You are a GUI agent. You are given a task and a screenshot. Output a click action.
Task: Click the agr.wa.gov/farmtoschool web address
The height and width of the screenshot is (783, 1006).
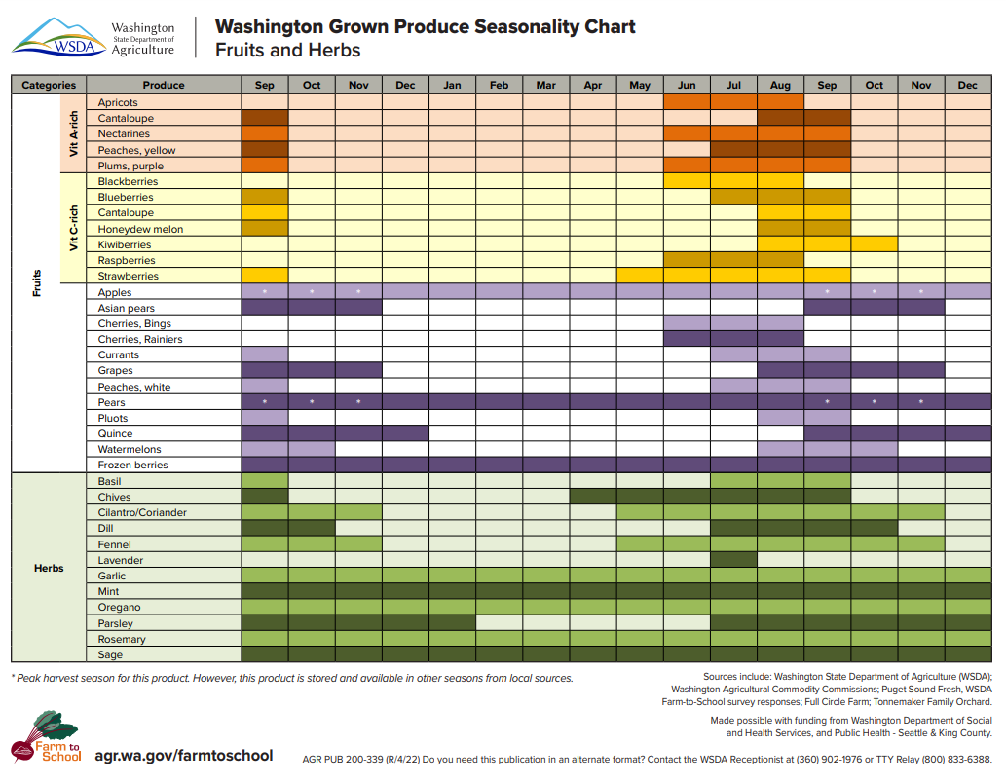(183, 756)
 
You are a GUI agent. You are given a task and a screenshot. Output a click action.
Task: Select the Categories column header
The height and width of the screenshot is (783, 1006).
(49, 86)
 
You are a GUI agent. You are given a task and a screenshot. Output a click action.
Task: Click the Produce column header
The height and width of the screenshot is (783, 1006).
(163, 86)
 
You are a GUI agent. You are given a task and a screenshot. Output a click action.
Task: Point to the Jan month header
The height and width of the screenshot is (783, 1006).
(452, 86)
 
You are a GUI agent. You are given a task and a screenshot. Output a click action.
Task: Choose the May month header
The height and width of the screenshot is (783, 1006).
(640, 86)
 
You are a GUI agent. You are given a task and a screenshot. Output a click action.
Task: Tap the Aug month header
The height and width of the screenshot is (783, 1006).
(780, 86)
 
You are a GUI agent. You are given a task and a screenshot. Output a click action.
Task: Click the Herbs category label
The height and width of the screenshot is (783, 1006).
(49, 568)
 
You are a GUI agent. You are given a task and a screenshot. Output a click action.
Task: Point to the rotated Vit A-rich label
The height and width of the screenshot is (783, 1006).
(74, 134)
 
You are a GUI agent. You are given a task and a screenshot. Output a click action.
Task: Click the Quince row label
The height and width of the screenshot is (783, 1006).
(116, 434)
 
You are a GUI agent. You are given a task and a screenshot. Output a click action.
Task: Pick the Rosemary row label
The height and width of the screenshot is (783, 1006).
(122, 639)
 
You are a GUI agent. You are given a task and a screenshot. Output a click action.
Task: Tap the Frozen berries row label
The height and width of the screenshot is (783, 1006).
(133, 466)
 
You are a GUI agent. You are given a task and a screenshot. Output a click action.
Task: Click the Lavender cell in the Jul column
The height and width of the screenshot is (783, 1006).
(734, 560)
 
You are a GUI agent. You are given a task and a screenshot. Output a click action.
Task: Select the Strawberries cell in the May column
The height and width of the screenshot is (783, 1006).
(640, 277)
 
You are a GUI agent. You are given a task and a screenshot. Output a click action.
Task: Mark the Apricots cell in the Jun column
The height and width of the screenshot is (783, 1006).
(687, 102)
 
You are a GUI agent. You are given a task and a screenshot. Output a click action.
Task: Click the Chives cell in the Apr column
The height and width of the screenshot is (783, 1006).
(593, 497)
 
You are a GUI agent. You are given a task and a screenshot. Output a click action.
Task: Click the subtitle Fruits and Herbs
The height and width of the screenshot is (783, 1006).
(288, 51)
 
